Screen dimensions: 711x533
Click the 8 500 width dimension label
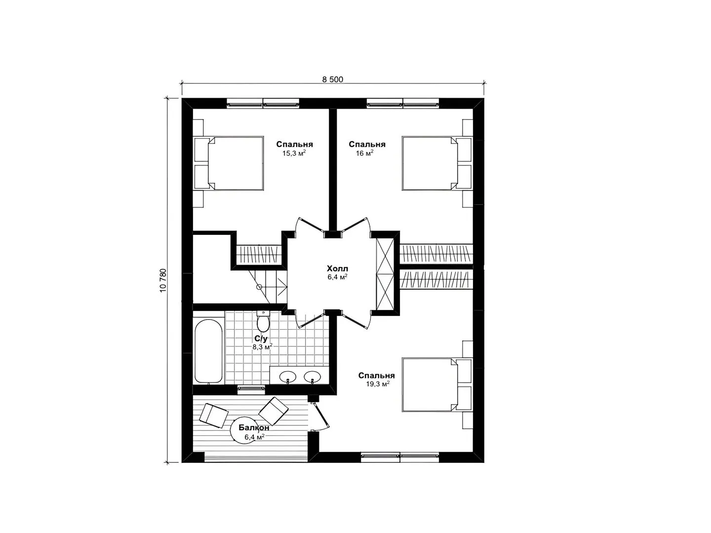click(332, 79)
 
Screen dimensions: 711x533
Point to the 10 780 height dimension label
click(163, 281)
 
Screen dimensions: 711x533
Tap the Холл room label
click(337, 268)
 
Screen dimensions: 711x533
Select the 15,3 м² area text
click(294, 153)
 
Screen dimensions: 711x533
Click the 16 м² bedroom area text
click(365, 153)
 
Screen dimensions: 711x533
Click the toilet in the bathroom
click(263, 321)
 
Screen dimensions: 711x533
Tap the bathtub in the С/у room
click(208, 350)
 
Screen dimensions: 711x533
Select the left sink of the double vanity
click(288, 377)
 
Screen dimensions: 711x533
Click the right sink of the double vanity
click(312, 377)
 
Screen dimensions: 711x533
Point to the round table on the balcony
click(245, 431)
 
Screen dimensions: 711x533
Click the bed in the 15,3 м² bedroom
click(236, 163)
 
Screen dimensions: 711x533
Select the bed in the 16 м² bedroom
click(430, 163)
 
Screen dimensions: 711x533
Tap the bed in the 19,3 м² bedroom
click(430, 384)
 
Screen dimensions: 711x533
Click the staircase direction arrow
click(282, 287)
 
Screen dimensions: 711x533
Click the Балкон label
click(254, 427)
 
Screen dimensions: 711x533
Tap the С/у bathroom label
click(261, 339)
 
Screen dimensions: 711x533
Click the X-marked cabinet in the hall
click(385, 274)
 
